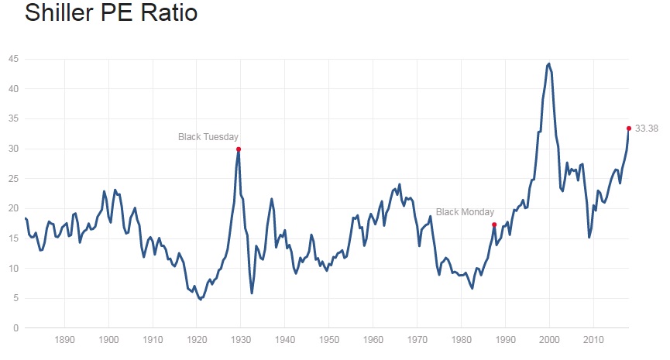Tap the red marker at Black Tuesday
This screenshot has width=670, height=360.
239,149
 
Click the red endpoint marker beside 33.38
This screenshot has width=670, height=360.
628,129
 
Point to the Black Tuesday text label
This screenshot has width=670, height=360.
209,137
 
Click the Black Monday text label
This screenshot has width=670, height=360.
465,211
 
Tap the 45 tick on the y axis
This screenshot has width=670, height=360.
13,59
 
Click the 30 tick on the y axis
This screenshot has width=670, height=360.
13,149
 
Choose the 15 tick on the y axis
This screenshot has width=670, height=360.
13,238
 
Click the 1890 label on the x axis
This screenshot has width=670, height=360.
65,339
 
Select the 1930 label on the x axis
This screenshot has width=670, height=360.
241,339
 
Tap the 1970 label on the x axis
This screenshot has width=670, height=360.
417,339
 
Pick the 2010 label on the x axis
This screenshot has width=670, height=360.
593,339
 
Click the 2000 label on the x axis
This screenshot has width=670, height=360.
549,339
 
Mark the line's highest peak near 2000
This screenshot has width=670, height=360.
548,63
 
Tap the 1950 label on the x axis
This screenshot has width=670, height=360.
329,339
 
